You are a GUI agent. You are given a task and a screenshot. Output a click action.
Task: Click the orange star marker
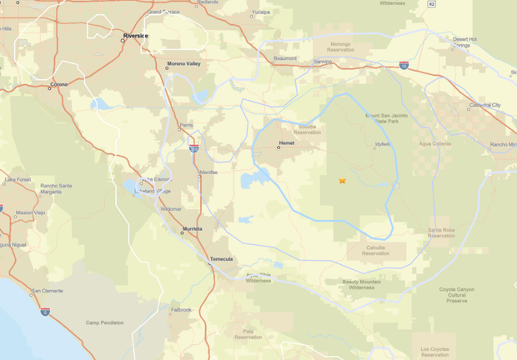coord(342,180)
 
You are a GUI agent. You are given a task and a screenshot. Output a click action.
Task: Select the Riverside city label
coord(134,37)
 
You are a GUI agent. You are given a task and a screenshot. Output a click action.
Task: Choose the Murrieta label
coord(193,228)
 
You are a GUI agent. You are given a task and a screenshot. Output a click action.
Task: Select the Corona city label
coord(59,84)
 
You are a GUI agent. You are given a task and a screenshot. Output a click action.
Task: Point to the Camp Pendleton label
coord(104,322)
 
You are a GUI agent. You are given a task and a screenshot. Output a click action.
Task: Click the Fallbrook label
coord(181,310)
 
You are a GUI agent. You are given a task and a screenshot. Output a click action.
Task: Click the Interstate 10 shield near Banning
coord(404,65)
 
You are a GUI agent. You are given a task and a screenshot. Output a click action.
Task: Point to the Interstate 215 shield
coord(193,148)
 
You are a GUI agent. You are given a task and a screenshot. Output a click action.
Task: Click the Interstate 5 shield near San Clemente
coord(44,311)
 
